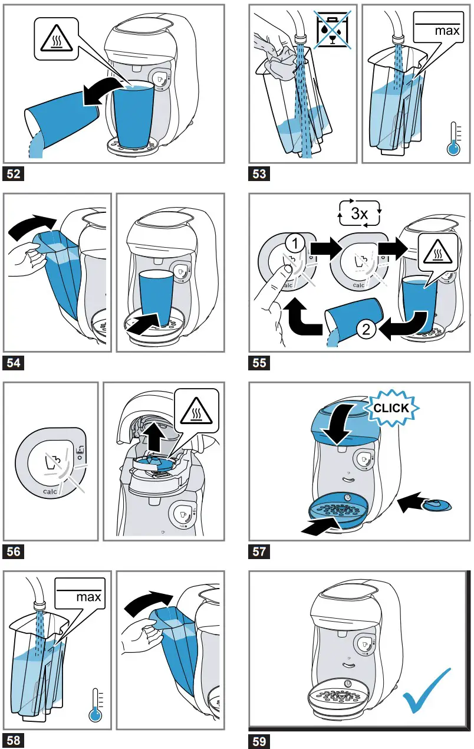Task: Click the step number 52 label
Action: [x=14, y=174]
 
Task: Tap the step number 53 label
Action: [x=259, y=174]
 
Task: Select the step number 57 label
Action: [x=259, y=551]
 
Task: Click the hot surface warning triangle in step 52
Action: [x=56, y=39]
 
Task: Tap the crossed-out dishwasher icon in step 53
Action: [x=333, y=30]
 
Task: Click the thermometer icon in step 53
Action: [x=453, y=139]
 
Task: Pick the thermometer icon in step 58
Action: [x=96, y=705]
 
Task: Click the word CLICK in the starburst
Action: [x=391, y=408]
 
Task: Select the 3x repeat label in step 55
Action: [x=360, y=213]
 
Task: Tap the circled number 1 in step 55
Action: [x=295, y=244]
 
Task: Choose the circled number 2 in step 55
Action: [x=366, y=329]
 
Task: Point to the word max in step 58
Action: [x=88, y=597]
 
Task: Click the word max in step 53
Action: [x=447, y=31]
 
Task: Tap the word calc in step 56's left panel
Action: [x=50, y=491]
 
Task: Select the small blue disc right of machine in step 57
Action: [x=437, y=505]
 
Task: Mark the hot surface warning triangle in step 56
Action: [x=196, y=411]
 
